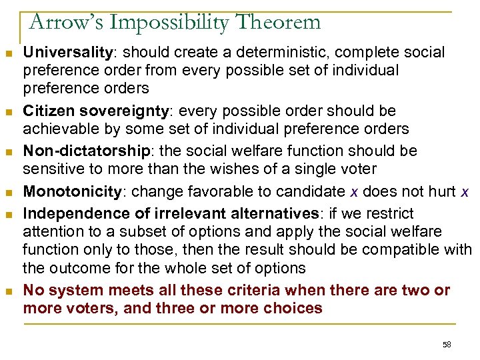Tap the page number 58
click(447, 344)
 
